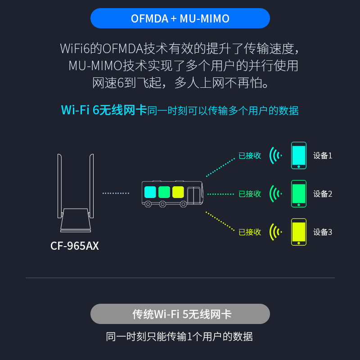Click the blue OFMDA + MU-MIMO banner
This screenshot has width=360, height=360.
(x=180, y=18)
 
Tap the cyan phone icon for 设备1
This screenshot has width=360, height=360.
(x=299, y=155)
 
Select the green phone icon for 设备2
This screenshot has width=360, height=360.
(x=299, y=194)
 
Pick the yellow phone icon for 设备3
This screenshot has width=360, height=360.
(x=299, y=232)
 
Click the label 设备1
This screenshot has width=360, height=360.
(x=323, y=156)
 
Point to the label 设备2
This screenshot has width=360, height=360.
(x=323, y=194)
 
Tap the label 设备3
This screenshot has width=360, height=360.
(x=323, y=232)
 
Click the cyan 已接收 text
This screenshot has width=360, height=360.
(x=250, y=156)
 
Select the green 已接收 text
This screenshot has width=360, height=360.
(x=250, y=194)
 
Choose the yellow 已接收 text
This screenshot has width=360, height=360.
(x=250, y=232)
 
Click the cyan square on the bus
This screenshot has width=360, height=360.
(x=150, y=192)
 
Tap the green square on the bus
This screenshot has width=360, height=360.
(x=164, y=192)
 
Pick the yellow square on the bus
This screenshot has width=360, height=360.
(x=178, y=192)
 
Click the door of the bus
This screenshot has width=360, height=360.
(x=193, y=195)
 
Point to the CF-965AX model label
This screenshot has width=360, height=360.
(x=75, y=246)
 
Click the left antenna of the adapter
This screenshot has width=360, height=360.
(x=59, y=186)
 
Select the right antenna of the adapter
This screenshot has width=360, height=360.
(x=91, y=186)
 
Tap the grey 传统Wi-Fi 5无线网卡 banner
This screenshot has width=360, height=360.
(x=180, y=314)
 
